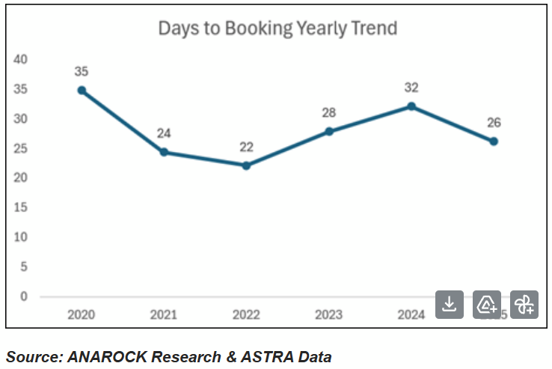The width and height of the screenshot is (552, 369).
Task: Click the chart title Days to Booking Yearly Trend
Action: (x=277, y=28)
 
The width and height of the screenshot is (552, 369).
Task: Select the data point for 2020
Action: (x=82, y=90)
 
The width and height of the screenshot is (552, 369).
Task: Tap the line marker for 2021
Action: (x=164, y=152)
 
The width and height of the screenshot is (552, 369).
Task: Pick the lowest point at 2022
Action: (x=246, y=165)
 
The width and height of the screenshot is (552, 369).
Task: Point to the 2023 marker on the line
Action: (x=329, y=131)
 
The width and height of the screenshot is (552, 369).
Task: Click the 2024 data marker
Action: (x=411, y=106)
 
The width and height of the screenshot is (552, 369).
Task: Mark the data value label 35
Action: (x=82, y=72)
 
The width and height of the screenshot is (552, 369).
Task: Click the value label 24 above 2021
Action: (x=164, y=134)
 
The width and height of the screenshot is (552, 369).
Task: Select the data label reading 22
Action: (x=246, y=147)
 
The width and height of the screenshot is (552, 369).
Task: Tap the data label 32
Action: (x=411, y=88)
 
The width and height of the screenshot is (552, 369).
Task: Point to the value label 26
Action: (x=494, y=123)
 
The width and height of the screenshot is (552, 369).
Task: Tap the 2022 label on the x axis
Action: (x=246, y=315)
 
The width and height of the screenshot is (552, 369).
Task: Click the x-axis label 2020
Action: (x=82, y=315)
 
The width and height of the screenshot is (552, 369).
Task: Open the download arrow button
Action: (x=450, y=304)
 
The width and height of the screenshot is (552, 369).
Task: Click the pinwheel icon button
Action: (x=524, y=304)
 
